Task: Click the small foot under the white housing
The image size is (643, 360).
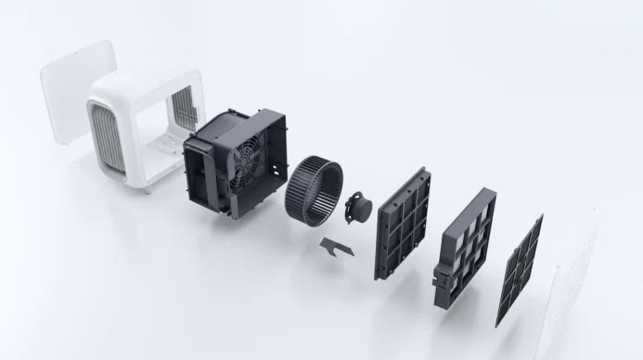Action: (148, 186)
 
